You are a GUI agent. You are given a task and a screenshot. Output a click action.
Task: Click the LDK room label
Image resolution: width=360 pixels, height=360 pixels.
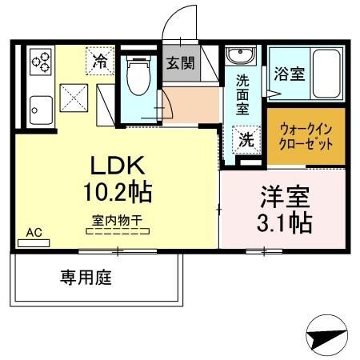[x=115, y=166]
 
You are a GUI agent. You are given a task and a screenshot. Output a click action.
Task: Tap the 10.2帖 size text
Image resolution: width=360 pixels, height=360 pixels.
[x=115, y=191]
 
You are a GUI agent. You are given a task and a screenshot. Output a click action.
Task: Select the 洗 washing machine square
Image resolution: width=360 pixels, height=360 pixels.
[x=246, y=139]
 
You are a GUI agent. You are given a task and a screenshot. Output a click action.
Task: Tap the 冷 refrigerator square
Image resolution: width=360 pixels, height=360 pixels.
[x=102, y=60]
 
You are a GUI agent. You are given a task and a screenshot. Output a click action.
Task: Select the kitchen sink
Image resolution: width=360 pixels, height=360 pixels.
[x=38, y=106]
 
